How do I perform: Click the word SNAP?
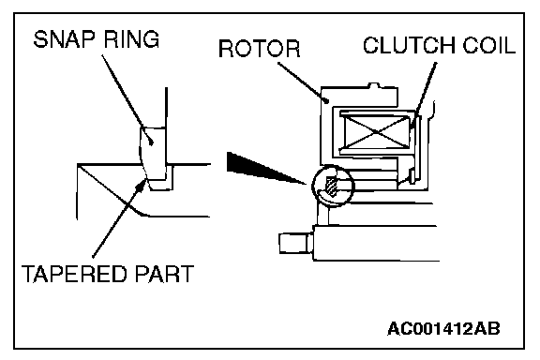pyautogui.click(x=64, y=39)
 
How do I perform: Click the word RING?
pyautogui.click(x=131, y=39)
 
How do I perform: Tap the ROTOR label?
pyautogui.click(x=260, y=49)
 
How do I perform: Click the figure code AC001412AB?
pyautogui.click(x=443, y=329)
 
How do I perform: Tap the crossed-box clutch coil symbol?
pyautogui.click(x=377, y=132)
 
